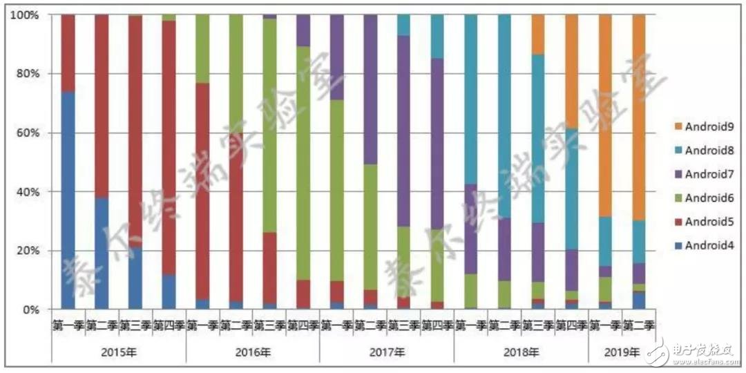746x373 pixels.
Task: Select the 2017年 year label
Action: click(387, 352)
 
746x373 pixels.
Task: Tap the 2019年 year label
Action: click(622, 352)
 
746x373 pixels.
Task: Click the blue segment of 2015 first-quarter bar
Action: click(68, 200)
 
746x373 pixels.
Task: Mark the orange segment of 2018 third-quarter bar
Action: click(537, 34)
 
